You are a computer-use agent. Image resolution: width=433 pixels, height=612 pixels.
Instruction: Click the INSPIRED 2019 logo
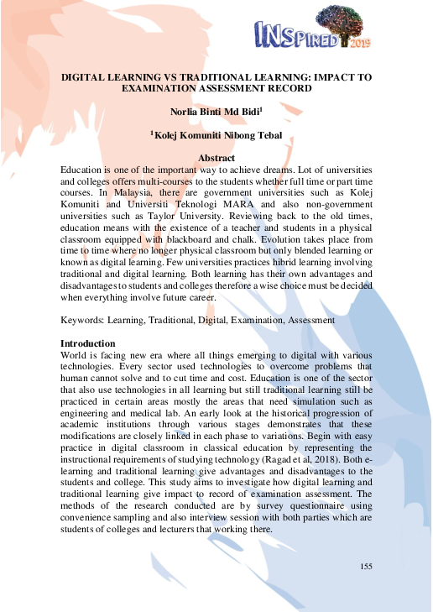tap(312, 31)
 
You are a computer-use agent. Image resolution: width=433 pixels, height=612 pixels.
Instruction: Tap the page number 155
tap(366, 568)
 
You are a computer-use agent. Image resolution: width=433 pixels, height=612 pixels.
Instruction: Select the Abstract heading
tap(216, 158)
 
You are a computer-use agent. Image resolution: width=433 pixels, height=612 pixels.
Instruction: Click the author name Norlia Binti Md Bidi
tap(214, 110)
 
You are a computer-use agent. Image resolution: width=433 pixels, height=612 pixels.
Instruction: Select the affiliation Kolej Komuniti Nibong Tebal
tap(216, 134)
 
